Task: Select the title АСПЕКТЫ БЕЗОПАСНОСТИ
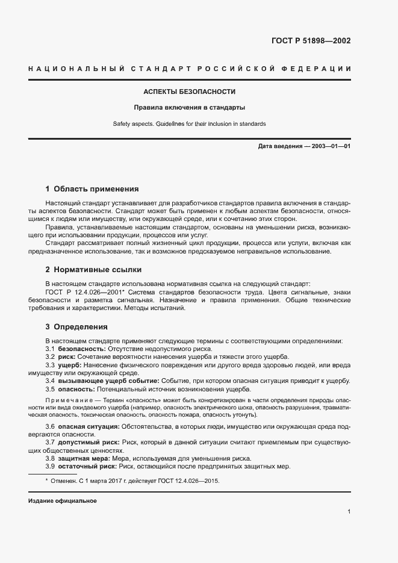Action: coord(189,92)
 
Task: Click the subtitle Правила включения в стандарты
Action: coord(189,108)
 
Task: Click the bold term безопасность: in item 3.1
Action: coord(81,349)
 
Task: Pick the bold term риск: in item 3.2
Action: coord(66,357)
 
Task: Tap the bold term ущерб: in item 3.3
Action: coord(69,365)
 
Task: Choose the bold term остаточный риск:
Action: coord(86,467)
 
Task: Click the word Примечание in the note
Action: coord(67,400)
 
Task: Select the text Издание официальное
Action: coord(62,501)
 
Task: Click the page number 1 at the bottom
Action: coord(349,512)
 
